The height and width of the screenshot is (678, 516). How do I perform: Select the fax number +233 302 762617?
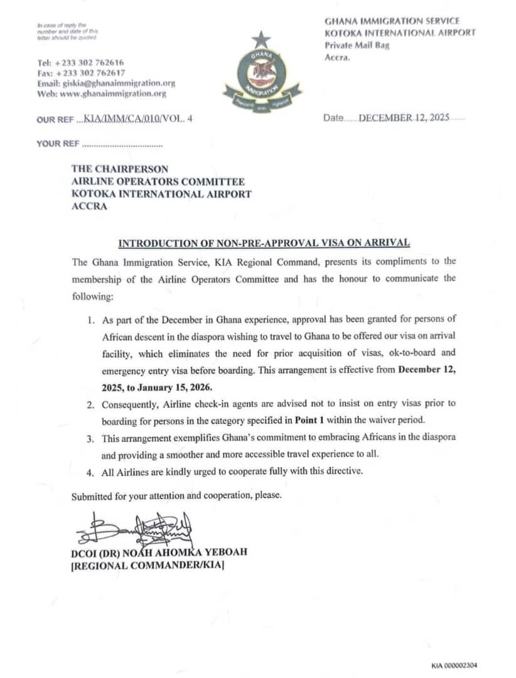pyautogui.click(x=90, y=73)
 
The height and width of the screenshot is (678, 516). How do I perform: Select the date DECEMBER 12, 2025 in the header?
pyautogui.click(x=404, y=117)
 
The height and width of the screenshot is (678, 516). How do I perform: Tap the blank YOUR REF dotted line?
pyautogui.click(x=122, y=144)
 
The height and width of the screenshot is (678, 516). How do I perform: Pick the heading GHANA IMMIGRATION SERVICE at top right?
pyautogui.click(x=392, y=21)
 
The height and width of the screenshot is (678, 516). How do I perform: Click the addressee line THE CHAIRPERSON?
pyautogui.click(x=120, y=169)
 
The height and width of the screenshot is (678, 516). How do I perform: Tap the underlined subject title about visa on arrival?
pyautogui.click(x=264, y=242)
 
